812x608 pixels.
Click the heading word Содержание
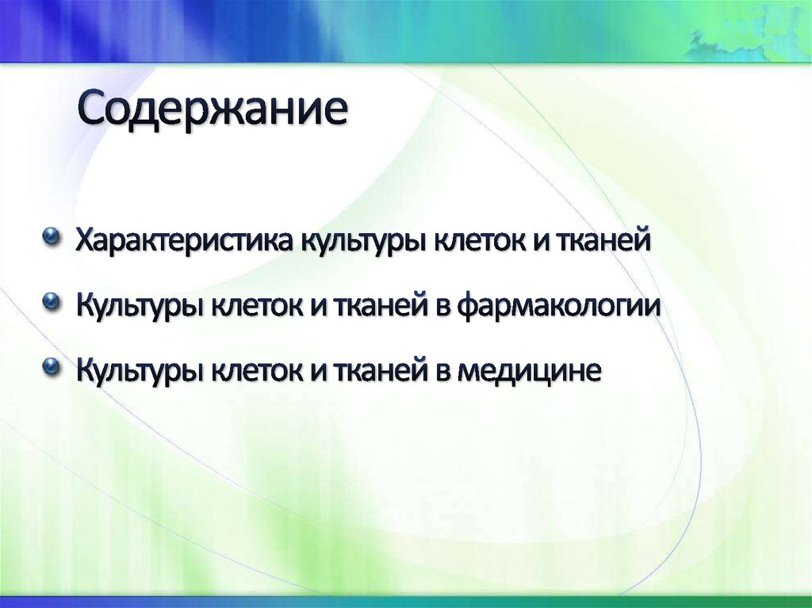point(213,111)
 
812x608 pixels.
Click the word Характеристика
point(184,239)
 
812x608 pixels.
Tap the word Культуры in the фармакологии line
point(140,304)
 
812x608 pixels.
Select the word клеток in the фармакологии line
point(254,304)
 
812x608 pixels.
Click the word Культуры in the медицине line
point(140,369)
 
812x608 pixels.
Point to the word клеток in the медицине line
point(254,369)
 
